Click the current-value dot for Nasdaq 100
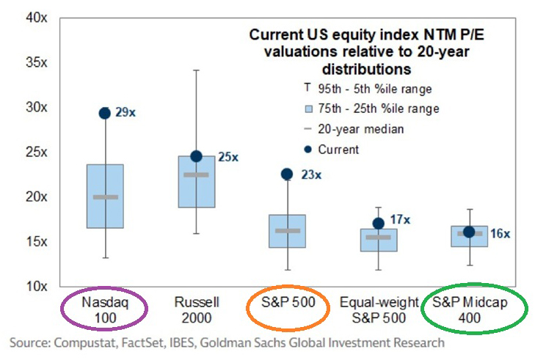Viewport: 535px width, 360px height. coord(105,113)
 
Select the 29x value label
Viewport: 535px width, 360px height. coord(125,113)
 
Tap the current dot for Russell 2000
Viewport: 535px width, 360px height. coord(196,156)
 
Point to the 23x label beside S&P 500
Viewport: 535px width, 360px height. coord(308,175)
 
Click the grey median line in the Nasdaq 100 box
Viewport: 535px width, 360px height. coord(105,196)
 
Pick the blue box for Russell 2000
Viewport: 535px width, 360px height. coord(196,191)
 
